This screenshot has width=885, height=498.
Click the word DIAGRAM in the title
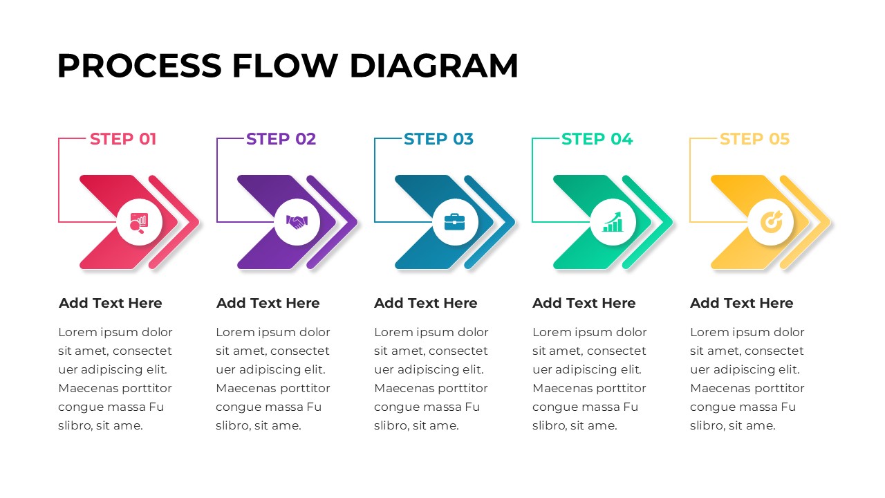click(434, 66)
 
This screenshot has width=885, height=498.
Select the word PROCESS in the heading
click(139, 66)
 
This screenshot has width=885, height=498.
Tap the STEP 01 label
click(123, 139)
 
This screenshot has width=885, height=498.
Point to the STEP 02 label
click(281, 139)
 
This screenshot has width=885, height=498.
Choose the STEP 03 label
click(438, 139)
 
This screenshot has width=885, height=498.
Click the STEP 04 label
click(597, 139)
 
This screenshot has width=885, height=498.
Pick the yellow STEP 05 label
click(754, 139)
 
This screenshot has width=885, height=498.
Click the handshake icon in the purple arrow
click(297, 222)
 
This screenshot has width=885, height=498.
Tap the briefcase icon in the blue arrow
click(455, 222)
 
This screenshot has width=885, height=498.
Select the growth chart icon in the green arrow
click(613, 222)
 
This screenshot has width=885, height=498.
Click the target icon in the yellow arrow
click(771, 222)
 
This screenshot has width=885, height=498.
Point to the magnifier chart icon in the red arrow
click(139, 222)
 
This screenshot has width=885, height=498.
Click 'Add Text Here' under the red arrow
click(111, 303)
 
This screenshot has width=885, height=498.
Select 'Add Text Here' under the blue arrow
click(426, 303)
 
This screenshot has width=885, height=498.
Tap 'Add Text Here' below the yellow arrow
click(742, 303)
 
